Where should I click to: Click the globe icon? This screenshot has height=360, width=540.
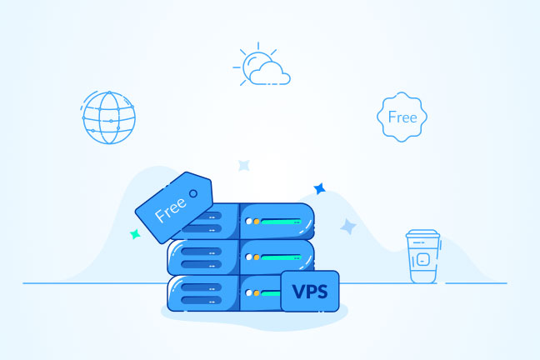coord(109,117)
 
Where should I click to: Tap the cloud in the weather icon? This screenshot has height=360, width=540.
coord(270,73)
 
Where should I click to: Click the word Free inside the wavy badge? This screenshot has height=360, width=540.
coord(402,117)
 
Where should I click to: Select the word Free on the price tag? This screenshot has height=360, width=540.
coord(171,210)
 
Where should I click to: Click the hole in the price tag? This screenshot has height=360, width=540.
coord(193,193)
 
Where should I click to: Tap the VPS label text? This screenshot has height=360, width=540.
coord(310,292)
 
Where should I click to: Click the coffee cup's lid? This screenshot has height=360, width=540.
coord(422,234)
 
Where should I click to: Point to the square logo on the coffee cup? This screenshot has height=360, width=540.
coord(422,259)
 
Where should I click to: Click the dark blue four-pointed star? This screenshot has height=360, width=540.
coord(320,188)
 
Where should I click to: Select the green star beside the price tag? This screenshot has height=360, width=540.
coord(135,234)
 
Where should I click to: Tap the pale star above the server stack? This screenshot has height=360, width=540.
coord(244,166)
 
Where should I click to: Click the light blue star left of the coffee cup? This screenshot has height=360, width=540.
coord(348,227)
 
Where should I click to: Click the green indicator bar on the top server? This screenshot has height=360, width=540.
coord(281,222)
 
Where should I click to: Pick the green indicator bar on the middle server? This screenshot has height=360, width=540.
coord(281,257)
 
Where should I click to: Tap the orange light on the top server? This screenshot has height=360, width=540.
coord(257,222)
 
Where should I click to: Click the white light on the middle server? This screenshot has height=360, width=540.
coord(248,257)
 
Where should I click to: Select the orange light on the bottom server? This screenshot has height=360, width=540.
coord(257,293)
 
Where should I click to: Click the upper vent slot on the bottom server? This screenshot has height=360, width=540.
coord(202,287)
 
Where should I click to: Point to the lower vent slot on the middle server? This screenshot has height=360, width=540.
coord(202,264)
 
